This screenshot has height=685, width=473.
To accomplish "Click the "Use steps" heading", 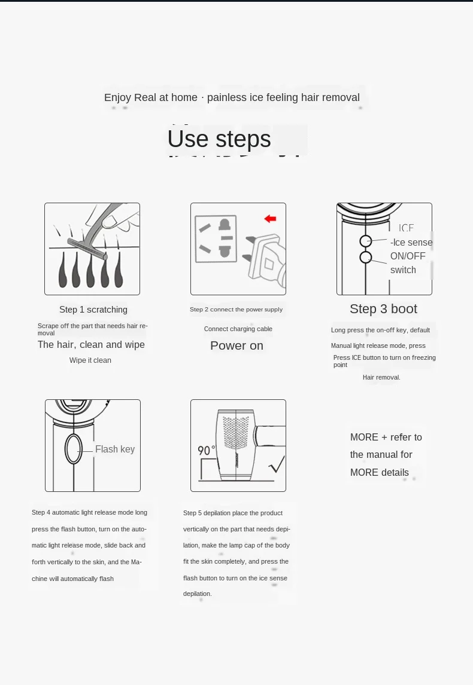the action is pyautogui.click(x=219, y=139).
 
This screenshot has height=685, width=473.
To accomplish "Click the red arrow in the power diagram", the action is pyautogui.click(x=271, y=219).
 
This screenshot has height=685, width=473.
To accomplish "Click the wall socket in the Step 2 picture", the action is pyautogui.click(x=216, y=239).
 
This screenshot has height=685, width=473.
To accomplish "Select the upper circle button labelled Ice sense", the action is pyautogui.click(x=366, y=241).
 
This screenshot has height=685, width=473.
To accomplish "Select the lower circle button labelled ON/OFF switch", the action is pyautogui.click(x=366, y=257).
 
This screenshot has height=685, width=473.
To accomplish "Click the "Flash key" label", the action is pyautogui.click(x=115, y=449).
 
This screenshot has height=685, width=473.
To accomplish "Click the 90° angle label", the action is pyautogui.click(x=207, y=450).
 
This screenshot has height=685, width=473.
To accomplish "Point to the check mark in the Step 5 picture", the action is pyautogui.click(x=277, y=464).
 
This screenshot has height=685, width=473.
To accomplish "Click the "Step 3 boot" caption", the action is pyautogui.click(x=383, y=309).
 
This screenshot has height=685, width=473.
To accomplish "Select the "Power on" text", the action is pyautogui.click(x=236, y=345).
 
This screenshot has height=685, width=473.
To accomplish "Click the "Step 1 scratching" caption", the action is pyautogui.click(x=93, y=310).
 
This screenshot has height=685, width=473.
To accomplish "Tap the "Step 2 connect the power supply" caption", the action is pyautogui.click(x=236, y=309).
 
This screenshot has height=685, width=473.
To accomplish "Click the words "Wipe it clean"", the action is pyautogui.click(x=90, y=360).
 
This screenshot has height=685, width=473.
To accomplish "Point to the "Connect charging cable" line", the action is pyautogui.click(x=238, y=329).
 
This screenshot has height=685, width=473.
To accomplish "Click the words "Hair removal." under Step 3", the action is pyautogui.click(x=381, y=377).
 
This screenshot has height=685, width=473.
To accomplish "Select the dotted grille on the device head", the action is pyautogui.click(x=236, y=433).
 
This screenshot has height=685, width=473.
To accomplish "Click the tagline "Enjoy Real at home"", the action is pyautogui.click(x=150, y=97).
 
